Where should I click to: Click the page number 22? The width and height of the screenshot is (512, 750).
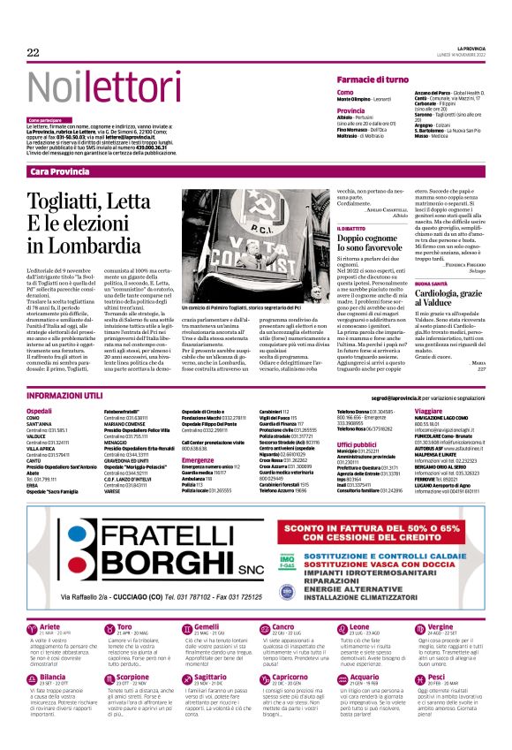coord(34,54)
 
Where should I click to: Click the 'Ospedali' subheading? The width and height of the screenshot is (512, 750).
coord(40,412)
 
